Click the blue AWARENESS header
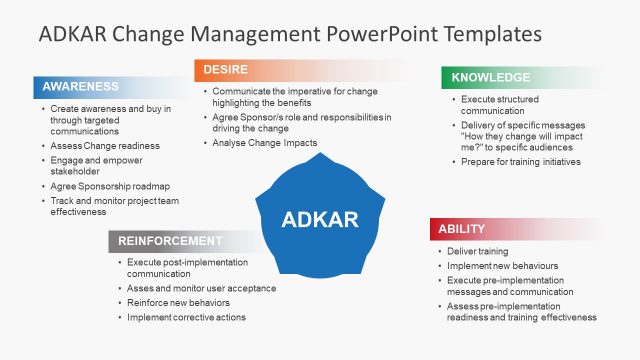click(x=80, y=87)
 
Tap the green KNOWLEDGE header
click(x=491, y=77)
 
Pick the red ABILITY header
click(x=461, y=229)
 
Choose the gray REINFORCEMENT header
click(x=170, y=241)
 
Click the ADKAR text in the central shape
click(x=320, y=219)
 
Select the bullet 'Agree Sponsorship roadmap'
click(x=109, y=185)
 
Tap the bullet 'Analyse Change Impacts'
click(x=265, y=143)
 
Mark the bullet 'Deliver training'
click(x=478, y=251)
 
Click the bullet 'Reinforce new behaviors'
click(x=179, y=302)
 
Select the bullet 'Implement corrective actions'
click(x=186, y=317)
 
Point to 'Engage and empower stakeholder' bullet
click(x=98, y=165)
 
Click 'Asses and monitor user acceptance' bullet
click(x=202, y=288)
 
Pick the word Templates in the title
click(x=493, y=33)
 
